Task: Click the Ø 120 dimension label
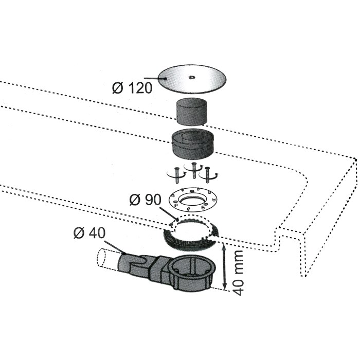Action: (132, 88)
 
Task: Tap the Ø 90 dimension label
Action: (146, 200)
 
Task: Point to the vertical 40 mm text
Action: (238, 273)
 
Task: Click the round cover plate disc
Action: (192, 79)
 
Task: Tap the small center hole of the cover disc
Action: (191, 77)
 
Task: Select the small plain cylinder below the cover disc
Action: (191, 112)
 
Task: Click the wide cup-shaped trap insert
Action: (193, 144)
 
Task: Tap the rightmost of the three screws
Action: (208, 175)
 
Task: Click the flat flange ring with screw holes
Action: (193, 199)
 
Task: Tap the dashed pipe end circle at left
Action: (101, 258)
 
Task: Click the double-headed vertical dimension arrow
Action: (225, 266)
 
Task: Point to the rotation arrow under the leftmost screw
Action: (176, 175)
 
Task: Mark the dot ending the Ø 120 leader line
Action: (166, 79)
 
